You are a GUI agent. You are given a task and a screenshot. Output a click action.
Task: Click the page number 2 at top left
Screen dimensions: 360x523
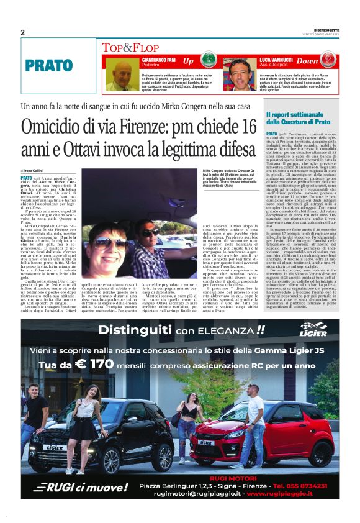pos(22,32)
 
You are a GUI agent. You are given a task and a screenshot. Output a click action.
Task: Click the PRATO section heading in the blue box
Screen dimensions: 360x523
pos(49,65)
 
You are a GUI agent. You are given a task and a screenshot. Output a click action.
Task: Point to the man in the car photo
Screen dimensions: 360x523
pos(151,235)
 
